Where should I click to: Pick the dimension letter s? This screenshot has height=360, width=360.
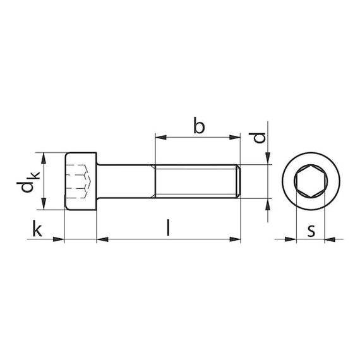[311, 230]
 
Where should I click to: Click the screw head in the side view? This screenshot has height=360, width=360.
[81, 181]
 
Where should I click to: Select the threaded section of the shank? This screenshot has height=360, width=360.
[196, 181]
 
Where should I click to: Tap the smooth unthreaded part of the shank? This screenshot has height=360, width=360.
[125, 181]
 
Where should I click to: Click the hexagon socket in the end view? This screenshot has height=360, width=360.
[311, 181]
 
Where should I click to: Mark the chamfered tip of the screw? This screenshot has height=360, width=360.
[239, 181]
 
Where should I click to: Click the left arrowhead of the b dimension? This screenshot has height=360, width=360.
[159, 136]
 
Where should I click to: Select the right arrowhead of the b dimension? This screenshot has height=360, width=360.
[237, 136]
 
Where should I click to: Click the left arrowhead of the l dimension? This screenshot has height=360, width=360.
[101, 239]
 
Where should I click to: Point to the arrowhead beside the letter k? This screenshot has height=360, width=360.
[61, 239]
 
